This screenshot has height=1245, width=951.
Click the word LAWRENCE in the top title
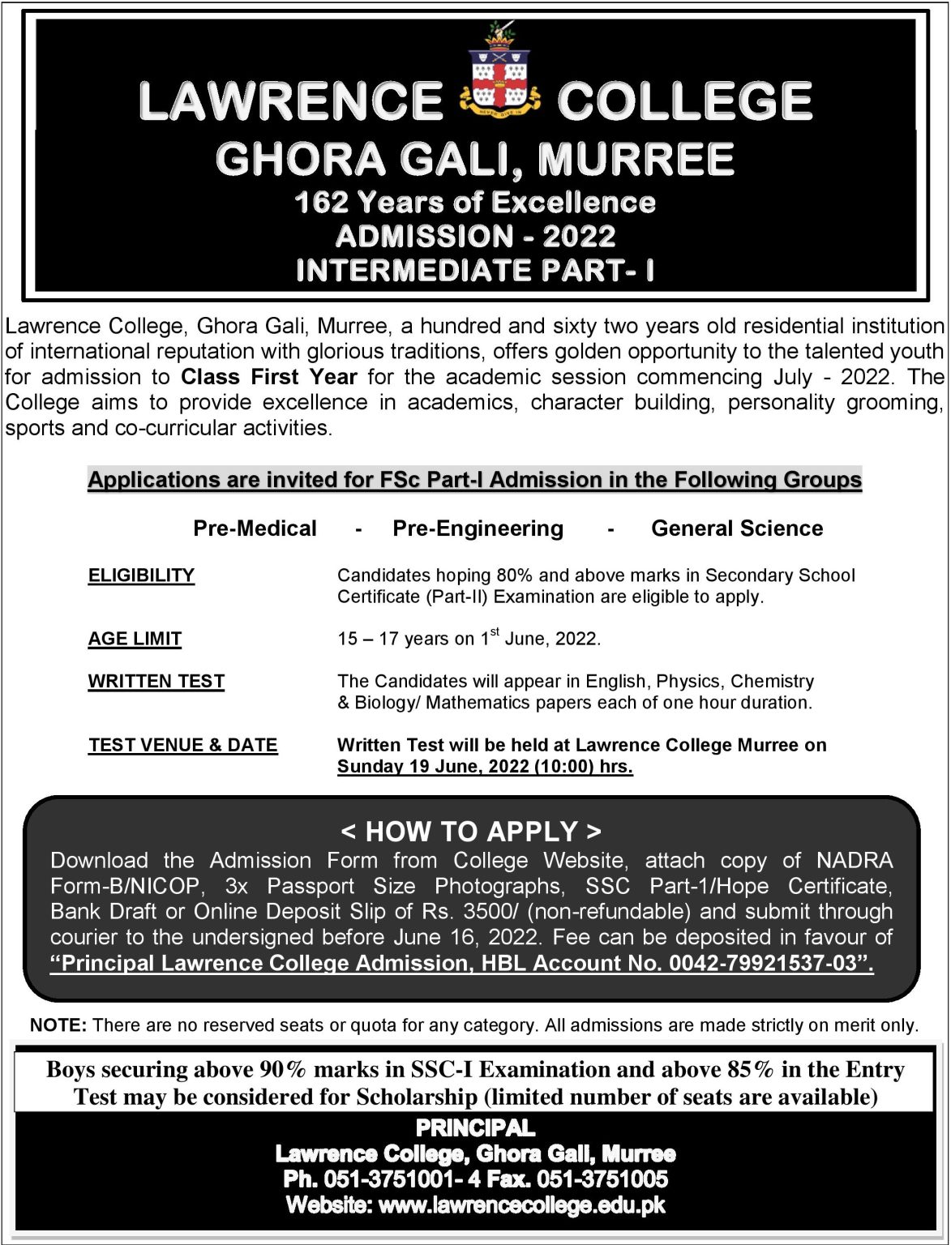pyautogui.click(x=290, y=102)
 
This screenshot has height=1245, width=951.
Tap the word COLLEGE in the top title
pyautogui.click(x=684, y=102)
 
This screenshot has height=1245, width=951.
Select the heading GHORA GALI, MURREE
pyautogui.click(x=475, y=159)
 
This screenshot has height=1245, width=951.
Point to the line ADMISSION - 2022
pyautogui.click(x=475, y=237)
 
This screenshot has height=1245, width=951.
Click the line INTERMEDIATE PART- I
pyautogui.click(x=475, y=270)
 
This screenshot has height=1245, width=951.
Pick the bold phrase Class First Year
pyautogui.click(x=268, y=377)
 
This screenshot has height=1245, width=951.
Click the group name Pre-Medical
pyautogui.click(x=255, y=528)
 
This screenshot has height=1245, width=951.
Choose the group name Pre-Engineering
pyautogui.click(x=478, y=528)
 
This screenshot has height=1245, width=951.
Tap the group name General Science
pyautogui.click(x=737, y=528)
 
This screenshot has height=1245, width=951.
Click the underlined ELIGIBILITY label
pyautogui.click(x=141, y=575)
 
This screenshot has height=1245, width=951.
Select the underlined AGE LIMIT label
pyautogui.click(x=135, y=639)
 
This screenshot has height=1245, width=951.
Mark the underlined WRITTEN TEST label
pyautogui.click(x=156, y=681)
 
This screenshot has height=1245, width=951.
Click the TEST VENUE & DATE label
pyautogui.click(x=183, y=745)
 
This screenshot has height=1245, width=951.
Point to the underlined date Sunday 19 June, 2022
pyautogui.click(x=433, y=767)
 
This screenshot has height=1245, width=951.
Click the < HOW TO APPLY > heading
pyautogui.click(x=471, y=832)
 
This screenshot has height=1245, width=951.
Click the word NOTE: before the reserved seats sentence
pyautogui.click(x=58, y=1025)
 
